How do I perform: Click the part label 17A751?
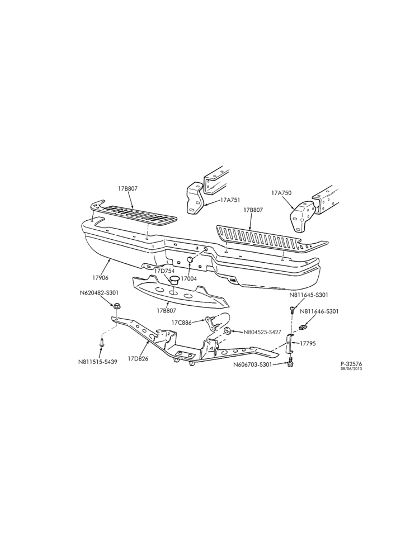pyautogui.click(x=230, y=200)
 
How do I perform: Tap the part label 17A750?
pyautogui.click(x=281, y=193)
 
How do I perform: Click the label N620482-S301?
pyautogui.click(x=99, y=293)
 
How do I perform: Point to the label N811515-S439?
pyautogui.click(x=98, y=362)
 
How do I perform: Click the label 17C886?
pyautogui.click(x=182, y=323)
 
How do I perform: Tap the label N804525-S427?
pyautogui.click(x=262, y=332)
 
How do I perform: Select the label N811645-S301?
pyautogui.click(x=309, y=295)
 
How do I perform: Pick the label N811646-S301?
pyautogui.click(x=319, y=311)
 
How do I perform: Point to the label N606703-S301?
pyautogui.click(x=253, y=364)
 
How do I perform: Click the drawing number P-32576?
pyautogui.click(x=351, y=364)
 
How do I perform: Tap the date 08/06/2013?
pyautogui.click(x=351, y=368)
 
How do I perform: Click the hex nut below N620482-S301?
pyautogui.click(x=117, y=306)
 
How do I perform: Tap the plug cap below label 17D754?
pyautogui.click(x=174, y=280)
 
